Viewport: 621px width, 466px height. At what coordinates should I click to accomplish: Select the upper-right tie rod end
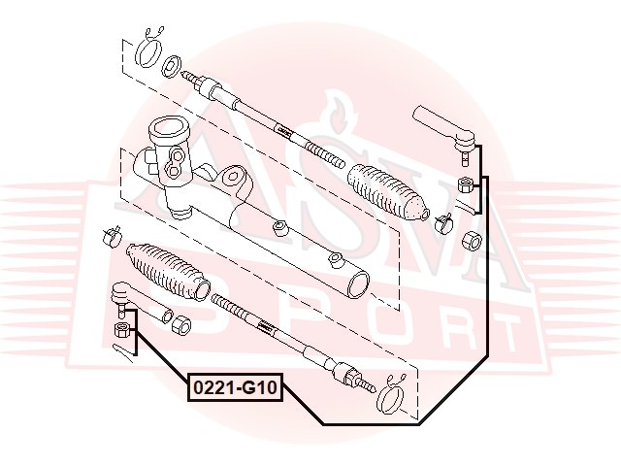click(x=444, y=124)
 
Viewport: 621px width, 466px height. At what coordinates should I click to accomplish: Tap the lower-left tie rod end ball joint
click(x=121, y=294)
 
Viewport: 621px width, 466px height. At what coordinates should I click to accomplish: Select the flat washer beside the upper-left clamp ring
click(x=172, y=66)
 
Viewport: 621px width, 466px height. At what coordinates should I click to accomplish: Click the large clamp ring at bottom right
click(x=395, y=396)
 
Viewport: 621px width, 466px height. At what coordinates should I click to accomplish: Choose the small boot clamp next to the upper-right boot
click(x=443, y=220)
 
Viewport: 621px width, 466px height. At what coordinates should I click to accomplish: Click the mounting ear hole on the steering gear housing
click(x=278, y=229)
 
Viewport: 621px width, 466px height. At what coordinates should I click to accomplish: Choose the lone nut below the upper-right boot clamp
click(x=473, y=241)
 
